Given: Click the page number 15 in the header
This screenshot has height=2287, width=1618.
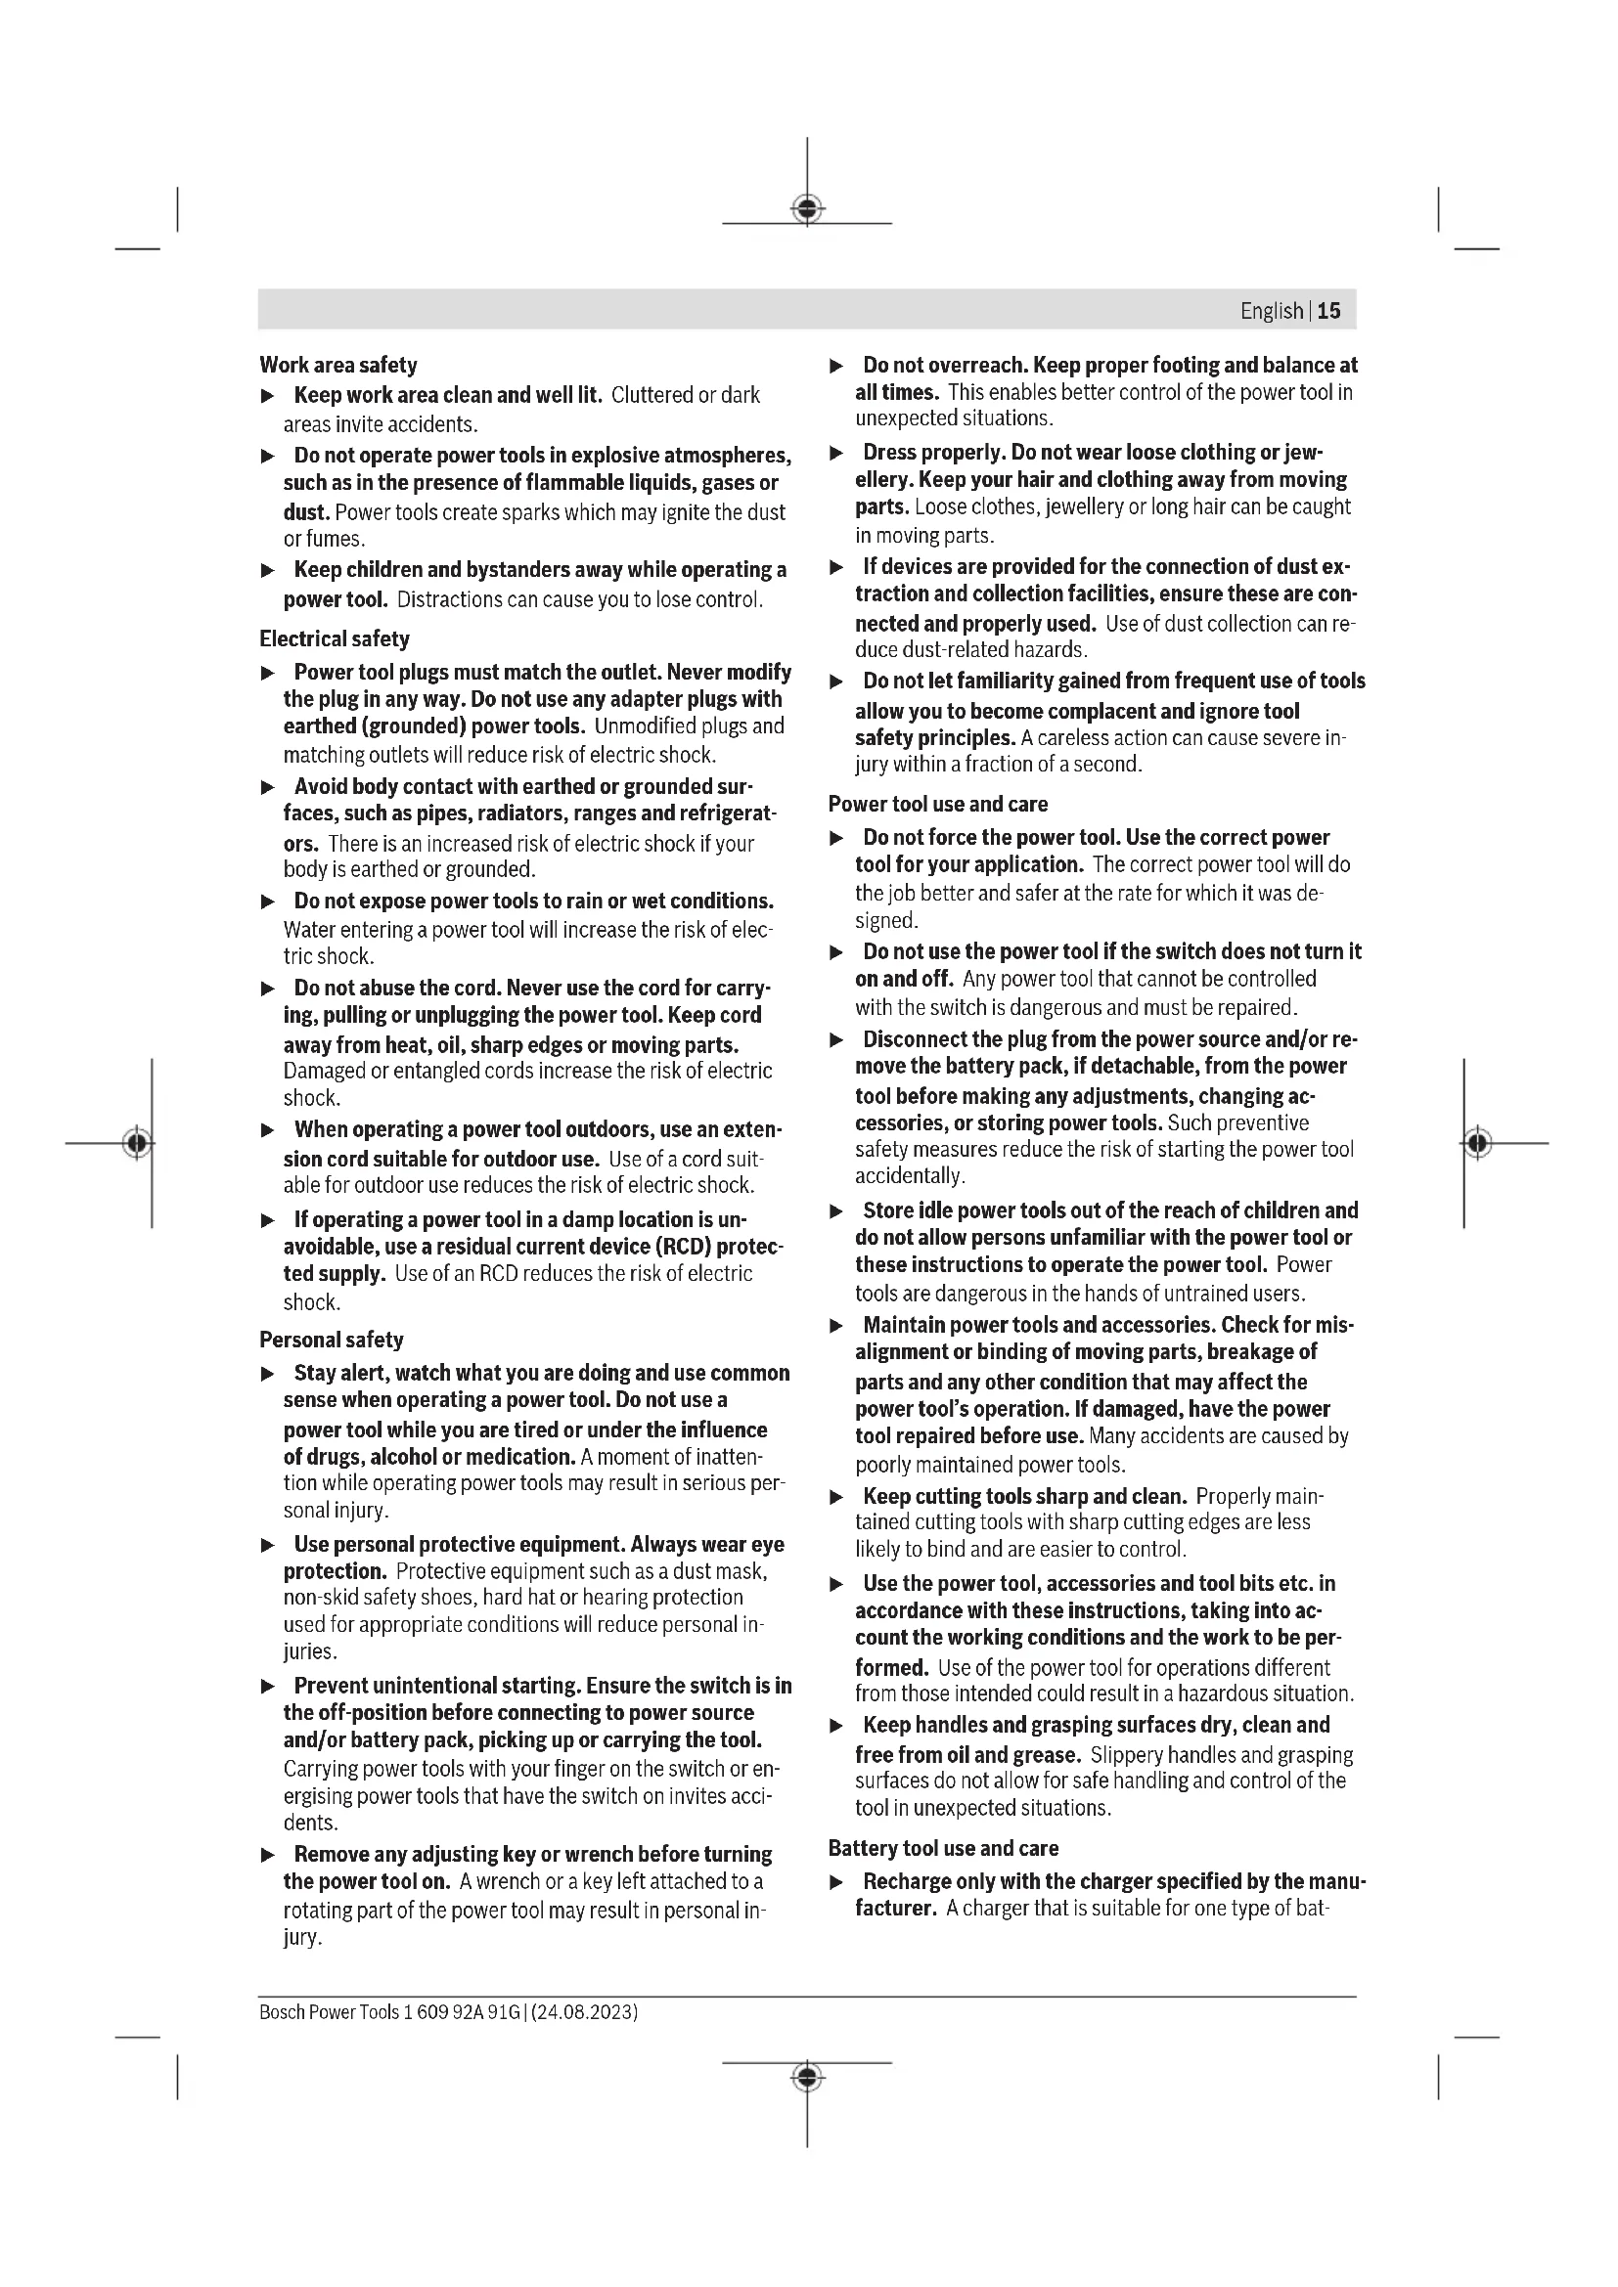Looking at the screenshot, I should [1329, 311].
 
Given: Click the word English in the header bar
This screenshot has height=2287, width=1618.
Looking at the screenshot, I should [1272, 311].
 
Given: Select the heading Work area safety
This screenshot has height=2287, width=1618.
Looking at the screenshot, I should [337, 365].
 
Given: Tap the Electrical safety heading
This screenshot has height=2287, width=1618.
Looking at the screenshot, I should [334, 638].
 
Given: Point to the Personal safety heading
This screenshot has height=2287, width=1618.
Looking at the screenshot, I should [331, 1340].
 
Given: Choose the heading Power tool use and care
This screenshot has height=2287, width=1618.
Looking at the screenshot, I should [937, 804].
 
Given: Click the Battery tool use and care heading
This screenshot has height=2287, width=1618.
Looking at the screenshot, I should [942, 1848].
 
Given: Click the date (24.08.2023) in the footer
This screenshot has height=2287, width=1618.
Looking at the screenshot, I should [585, 2011].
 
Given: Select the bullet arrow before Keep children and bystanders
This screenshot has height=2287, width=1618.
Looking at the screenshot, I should [267, 571].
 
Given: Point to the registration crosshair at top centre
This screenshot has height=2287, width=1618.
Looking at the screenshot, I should [807, 209].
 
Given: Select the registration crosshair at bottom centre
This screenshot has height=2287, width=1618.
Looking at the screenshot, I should [807, 2077].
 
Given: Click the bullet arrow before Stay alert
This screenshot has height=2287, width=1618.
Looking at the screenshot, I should [267, 1374].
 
